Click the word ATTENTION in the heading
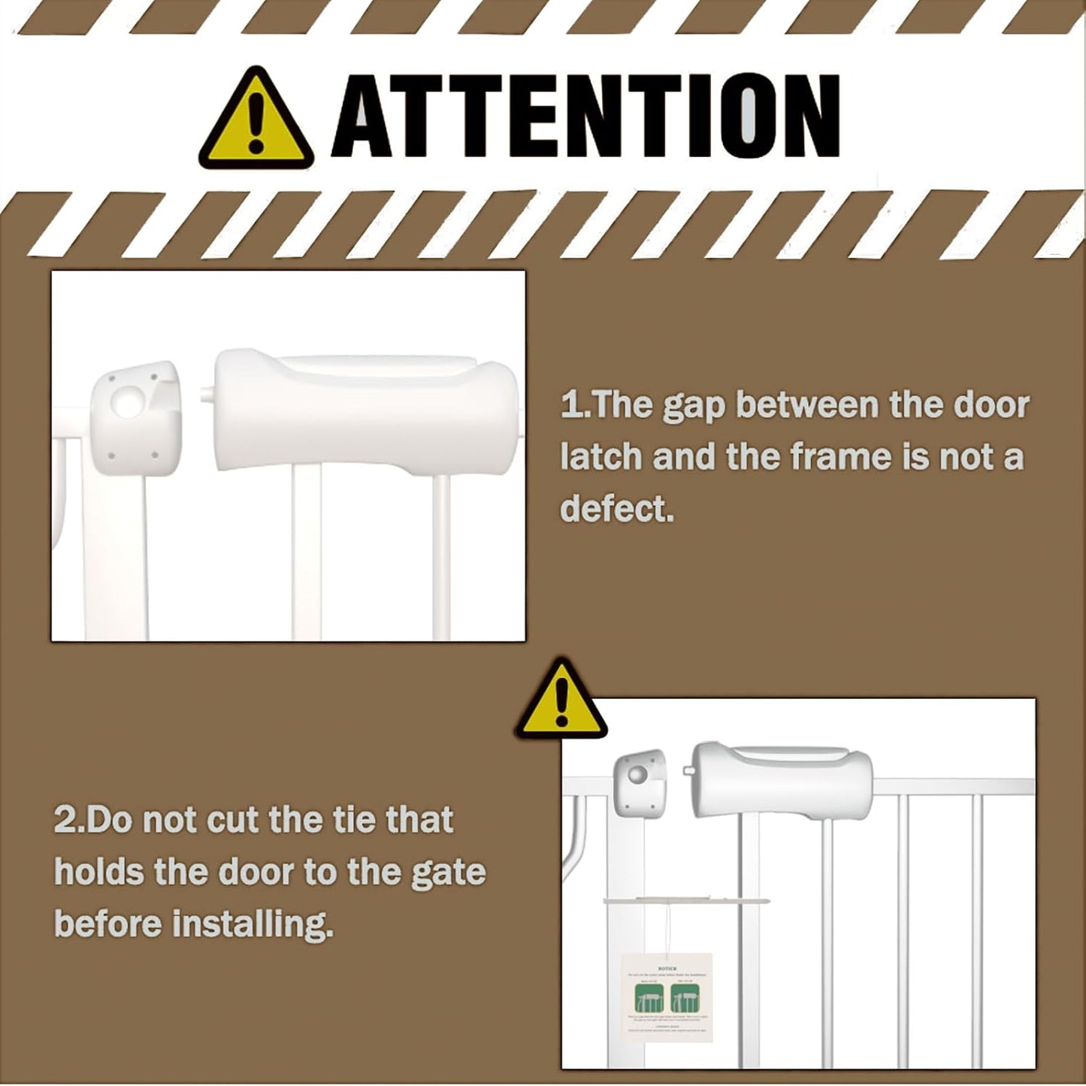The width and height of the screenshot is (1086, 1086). (x=586, y=117)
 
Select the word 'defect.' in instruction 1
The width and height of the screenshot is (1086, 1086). (x=617, y=509)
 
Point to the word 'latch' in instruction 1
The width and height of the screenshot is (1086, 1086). (x=599, y=457)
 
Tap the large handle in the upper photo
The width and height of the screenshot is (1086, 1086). (x=365, y=413)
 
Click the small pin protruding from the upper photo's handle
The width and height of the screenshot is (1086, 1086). (x=206, y=392)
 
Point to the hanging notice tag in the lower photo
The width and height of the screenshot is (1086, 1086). (x=667, y=996)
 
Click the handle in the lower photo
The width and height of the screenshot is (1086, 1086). (x=782, y=779)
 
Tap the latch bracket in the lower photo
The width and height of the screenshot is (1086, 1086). (x=640, y=782)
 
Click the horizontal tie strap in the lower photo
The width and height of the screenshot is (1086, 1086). (x=685, y=899)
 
